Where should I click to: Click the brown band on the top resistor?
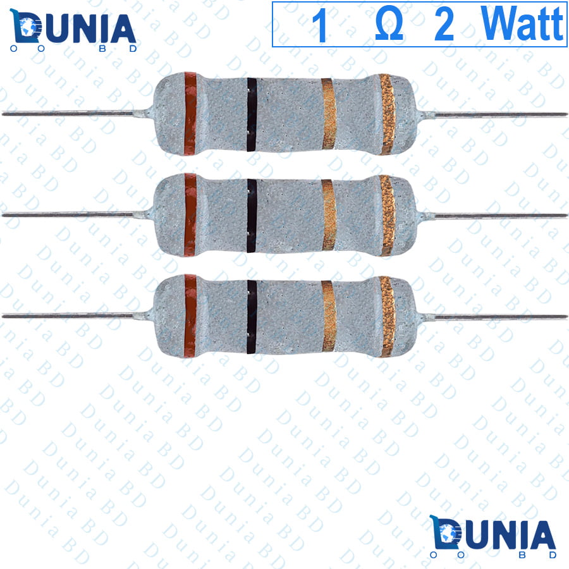(x=190, y=114)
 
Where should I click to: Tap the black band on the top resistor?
(x=252, y=114)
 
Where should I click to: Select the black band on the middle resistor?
(x=252, y=216)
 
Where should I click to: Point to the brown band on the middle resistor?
(x=190, y=215)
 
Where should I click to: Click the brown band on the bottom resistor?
(x=190, y=316)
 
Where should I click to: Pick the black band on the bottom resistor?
(x=252, y=317)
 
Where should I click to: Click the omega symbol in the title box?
(x=389, y=25)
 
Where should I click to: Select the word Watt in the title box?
(x=522, y=23)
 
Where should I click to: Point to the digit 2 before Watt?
(x=444, y=25)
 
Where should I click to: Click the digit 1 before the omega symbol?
(x=320, y=25)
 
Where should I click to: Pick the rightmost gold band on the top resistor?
(x=387, y=114)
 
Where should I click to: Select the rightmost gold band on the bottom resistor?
(x=387, y=317)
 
